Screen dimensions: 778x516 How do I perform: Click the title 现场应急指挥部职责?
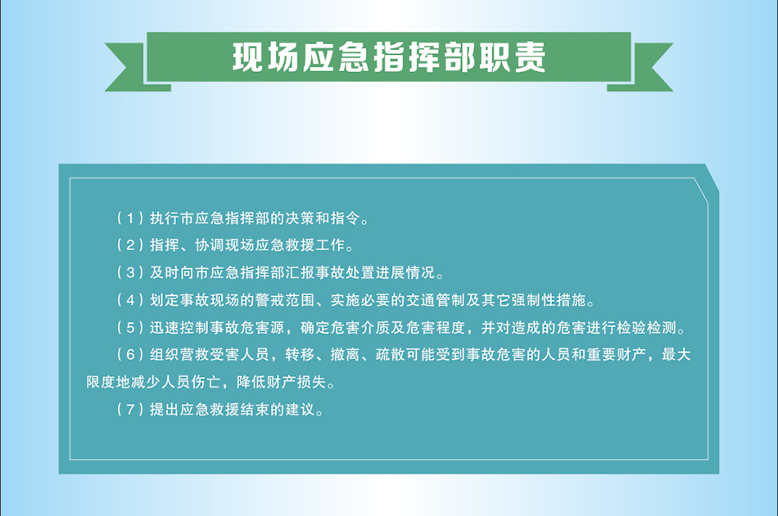389,57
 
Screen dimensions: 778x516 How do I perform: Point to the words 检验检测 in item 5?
647,328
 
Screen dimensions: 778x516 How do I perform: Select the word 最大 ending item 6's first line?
676,354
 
